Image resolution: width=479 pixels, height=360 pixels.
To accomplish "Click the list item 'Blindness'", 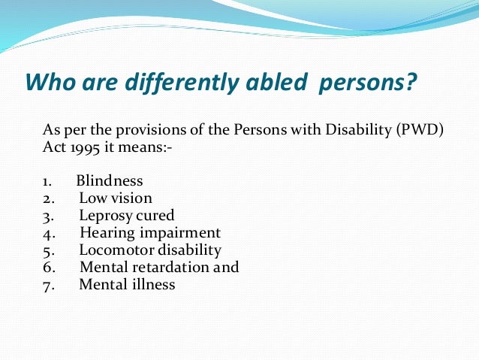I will pyautogui.click(x=110, y=182).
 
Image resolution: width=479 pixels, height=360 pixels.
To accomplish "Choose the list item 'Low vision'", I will pyautogui.click(x=116, y=198).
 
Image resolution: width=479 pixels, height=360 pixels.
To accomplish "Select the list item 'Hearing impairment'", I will pyautogui.click(x=149, y=233).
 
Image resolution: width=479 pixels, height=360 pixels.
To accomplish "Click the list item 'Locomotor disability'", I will pyautogui.click(x=150, y=250).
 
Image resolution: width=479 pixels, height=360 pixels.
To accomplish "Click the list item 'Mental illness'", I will pyautogui.click(x=127, y=285).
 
